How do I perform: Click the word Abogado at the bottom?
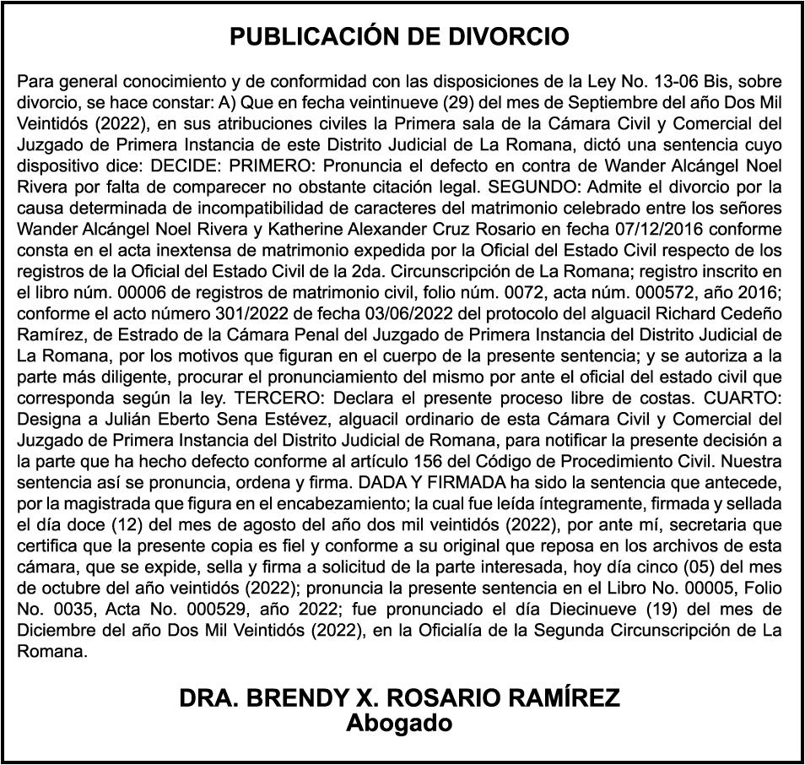point(401,724)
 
